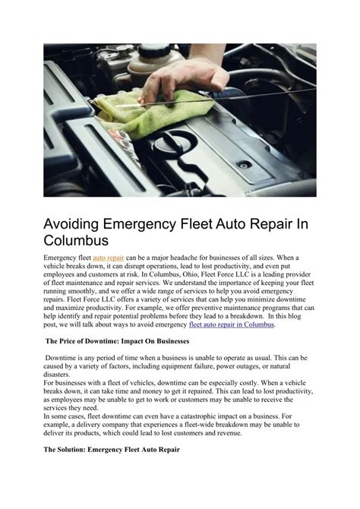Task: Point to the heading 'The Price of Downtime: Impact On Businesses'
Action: click(118, 343)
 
